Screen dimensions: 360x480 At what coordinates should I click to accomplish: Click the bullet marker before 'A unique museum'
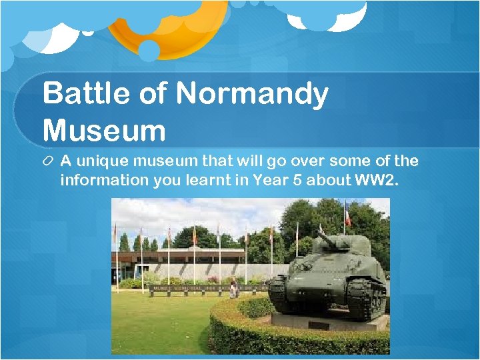(49, 162)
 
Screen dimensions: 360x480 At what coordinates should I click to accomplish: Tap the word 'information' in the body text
(103, 181)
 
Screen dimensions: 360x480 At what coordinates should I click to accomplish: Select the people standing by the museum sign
(233, 288)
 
